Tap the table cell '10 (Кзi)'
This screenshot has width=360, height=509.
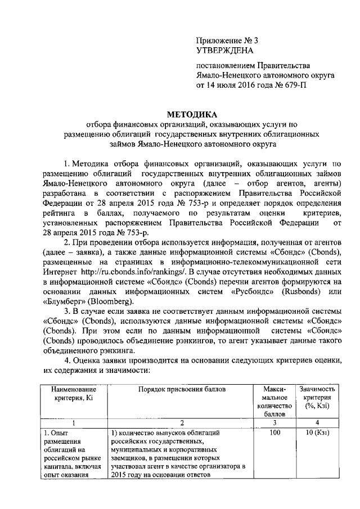point(318,433)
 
